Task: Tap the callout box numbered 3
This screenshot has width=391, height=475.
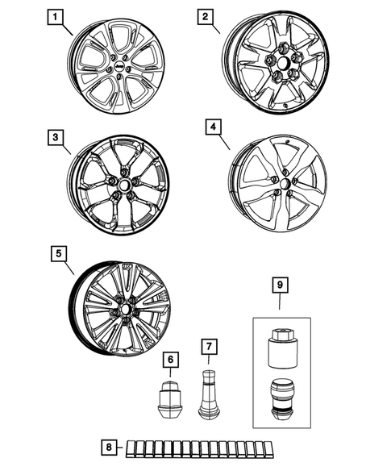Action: point(55,139)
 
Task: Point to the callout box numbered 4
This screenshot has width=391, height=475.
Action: point(212,127)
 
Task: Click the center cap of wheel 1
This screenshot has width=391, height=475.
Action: point(117,69)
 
